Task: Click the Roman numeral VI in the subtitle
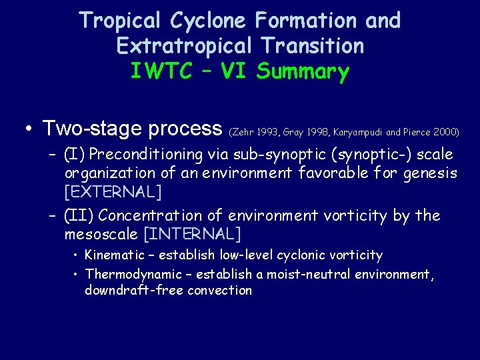click(x=233, y=71)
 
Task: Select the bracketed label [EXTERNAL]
click(x=113, y=193)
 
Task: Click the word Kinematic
click(x=117, y=255)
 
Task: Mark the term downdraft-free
click(x=134, y=290)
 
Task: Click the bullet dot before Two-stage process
click(x=30, y=129)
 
